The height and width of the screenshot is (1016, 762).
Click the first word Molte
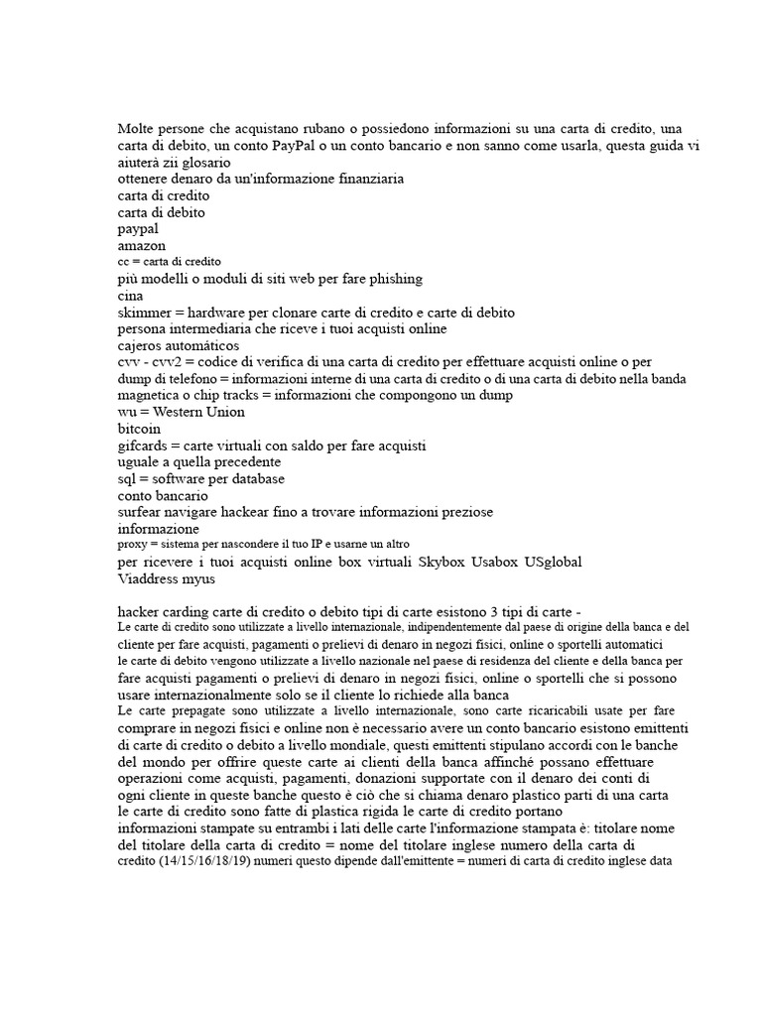(x=137, y=129)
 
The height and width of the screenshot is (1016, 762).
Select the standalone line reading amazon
(x=142, y=244)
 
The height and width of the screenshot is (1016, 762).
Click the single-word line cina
(x=131, y=295)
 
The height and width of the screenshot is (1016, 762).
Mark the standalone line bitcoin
(x=139, y=429)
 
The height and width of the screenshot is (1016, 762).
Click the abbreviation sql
(x=129, y=479)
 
